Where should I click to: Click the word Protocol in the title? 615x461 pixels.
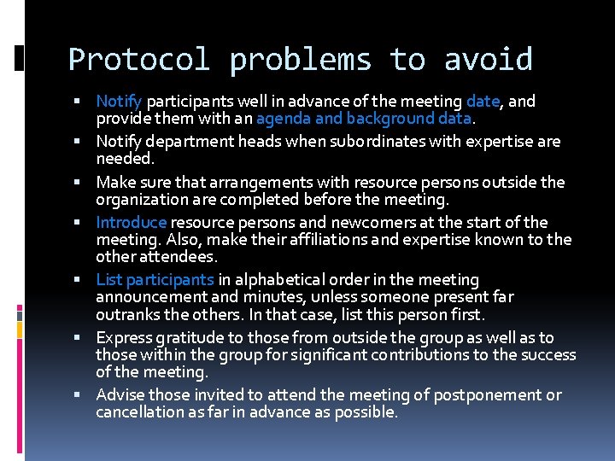pyautogui.click(x=138, y=60)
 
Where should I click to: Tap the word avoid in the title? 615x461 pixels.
pyautogui.click(x=488, y=60)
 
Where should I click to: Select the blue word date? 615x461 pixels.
pyautogui.click(x=483, y=102)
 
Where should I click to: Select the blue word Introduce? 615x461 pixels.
pyautogui.click(x=132, y=223)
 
